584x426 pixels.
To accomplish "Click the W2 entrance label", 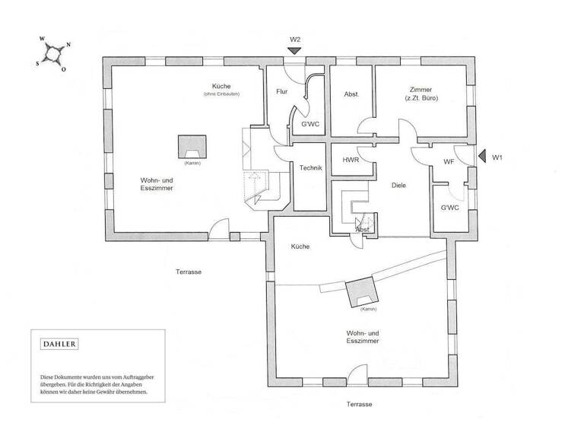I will pos(296,39).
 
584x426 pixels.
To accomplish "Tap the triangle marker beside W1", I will pos(482,157).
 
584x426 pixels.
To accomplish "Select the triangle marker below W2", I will pos(295,51).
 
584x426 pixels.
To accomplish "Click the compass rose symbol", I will pos(52,53).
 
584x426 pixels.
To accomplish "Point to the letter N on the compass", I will pos(68,44).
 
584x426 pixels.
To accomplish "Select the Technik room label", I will pos(311,168).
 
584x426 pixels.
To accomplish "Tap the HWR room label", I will pos(351,161).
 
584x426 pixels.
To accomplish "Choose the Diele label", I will pos(400,185).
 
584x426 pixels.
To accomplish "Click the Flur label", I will pos(281,92).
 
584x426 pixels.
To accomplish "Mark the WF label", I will pos(449,161).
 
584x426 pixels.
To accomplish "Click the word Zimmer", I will pos(421,88).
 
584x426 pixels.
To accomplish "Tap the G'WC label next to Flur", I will pos(309,123).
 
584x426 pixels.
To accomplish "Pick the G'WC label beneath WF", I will pos(449,208).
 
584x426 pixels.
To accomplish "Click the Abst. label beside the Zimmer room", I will pos(351,94).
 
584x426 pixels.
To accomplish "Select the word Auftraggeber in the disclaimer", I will pos(144,377).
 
